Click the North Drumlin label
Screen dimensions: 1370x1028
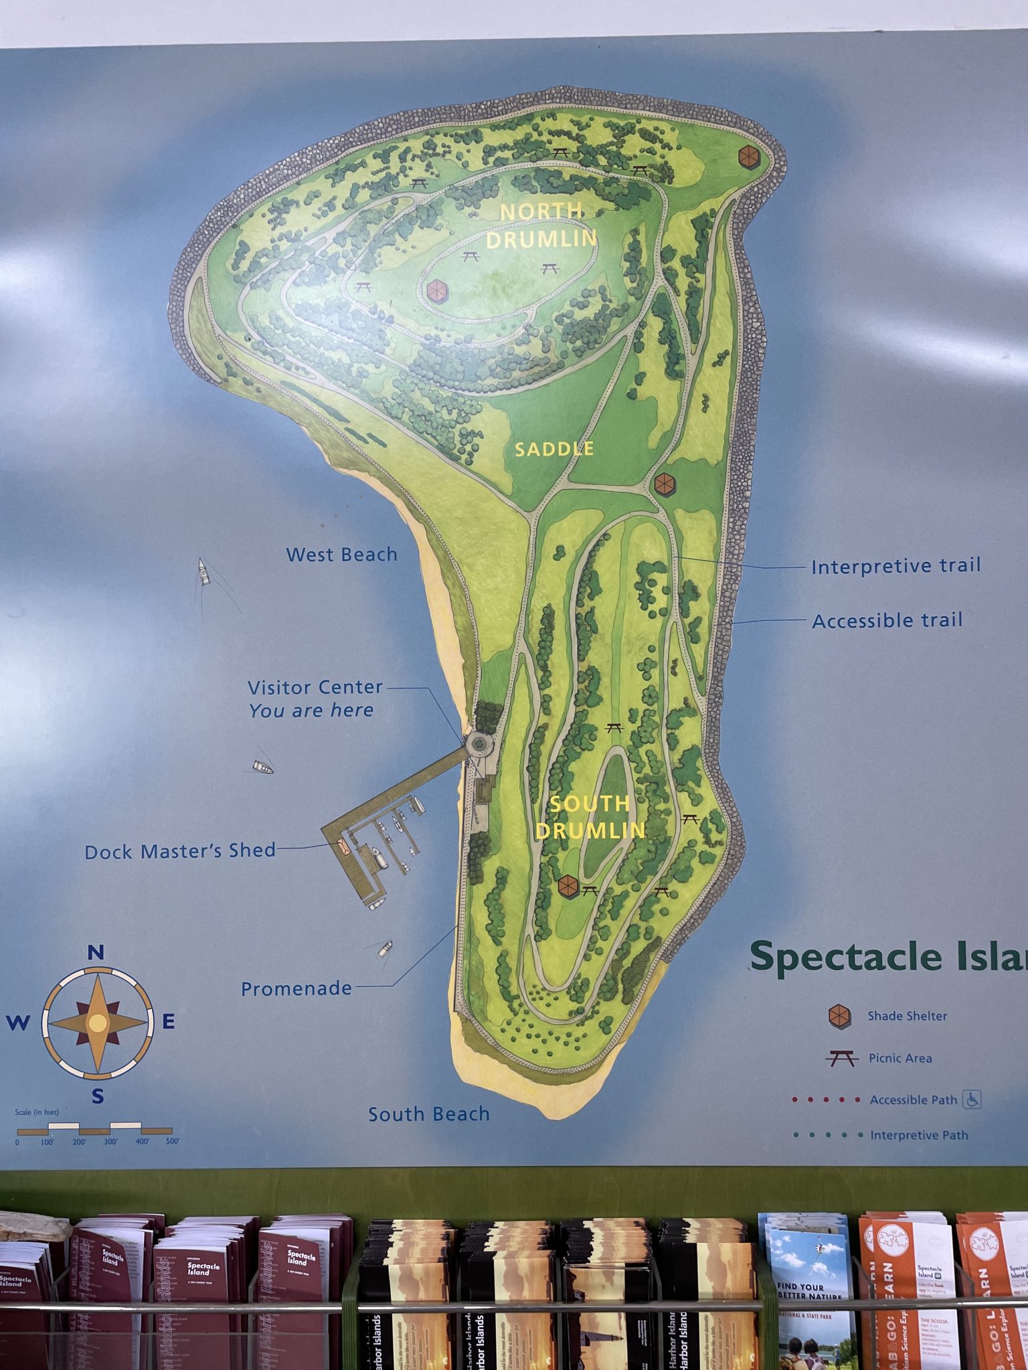(x=541, y=225)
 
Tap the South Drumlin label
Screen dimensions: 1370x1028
(x=590, y=817)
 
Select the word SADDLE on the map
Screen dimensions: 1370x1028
(x=553, y=449)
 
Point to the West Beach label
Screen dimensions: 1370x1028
(x=341, y=555)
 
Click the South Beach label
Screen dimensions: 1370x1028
(x=429, y=1114)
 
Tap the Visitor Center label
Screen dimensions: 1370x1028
(x=315, y=688)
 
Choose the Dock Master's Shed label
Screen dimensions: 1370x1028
(x=180, y=851)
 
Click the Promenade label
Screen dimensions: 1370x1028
(x=296, y=988)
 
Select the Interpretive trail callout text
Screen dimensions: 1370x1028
(x=895, y=567)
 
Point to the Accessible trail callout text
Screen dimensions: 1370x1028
(x=887, y=621)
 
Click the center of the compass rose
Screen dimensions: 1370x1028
(x=98, y=1022)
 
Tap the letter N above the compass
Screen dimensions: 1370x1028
(x=96, y=953)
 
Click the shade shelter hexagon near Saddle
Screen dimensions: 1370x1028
(x=664, y=484)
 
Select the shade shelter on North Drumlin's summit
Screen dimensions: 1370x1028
(x=436, y=291)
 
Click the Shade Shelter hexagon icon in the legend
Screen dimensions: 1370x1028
(x=839, y=1016)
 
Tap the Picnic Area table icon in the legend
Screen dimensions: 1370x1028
(x=841, y=1058)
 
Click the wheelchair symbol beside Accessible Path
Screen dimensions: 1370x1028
(x=971, y=1099)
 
